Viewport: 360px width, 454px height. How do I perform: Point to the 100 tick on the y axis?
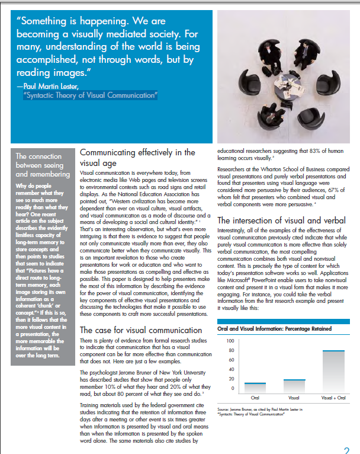230,341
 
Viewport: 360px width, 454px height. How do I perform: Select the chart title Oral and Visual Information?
274,328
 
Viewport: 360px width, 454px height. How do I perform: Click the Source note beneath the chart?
259,411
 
